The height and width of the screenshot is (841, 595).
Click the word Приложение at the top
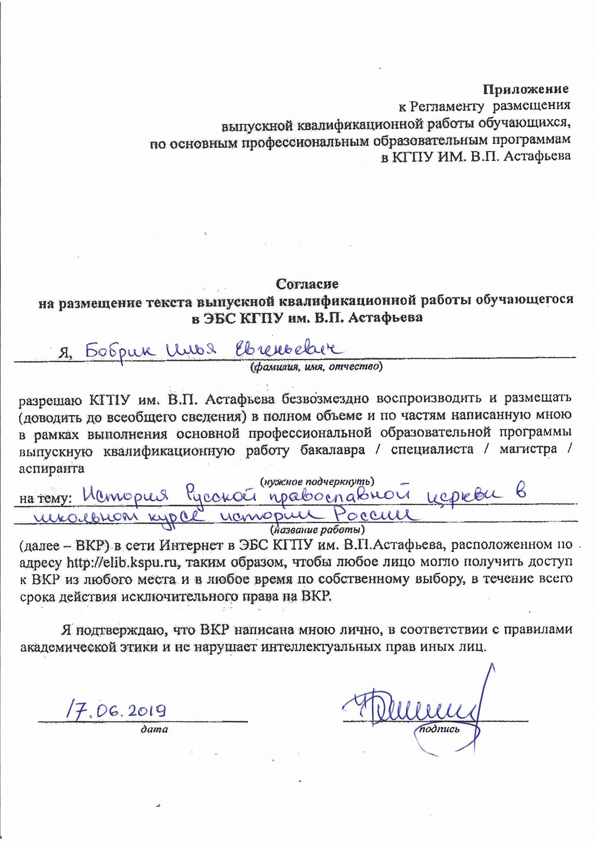tap(526, 89)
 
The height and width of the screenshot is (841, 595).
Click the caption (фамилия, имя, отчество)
tap(315, 367)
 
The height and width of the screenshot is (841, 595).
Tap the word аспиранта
tap(52, 468)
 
